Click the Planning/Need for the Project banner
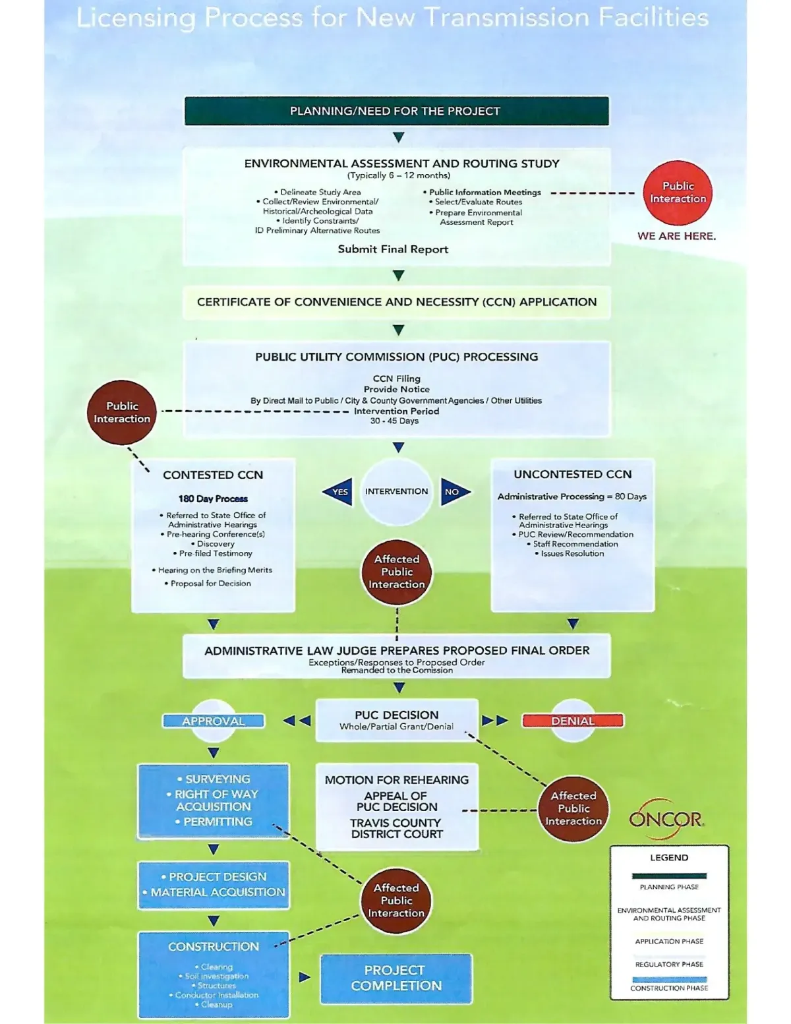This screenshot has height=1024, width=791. click(x=396, y=111)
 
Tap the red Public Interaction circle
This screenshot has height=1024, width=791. click(x=678, y=193)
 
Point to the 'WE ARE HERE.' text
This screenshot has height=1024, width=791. click(x=676, y=236)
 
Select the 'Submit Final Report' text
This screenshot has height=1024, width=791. click(x=393, y=249)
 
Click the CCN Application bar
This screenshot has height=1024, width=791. click(x=396, y=302)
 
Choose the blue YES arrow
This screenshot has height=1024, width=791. click(x=338, y=492)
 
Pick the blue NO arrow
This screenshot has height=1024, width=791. click(x=454, y=492)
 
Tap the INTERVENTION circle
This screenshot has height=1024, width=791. click(x=396, y=491)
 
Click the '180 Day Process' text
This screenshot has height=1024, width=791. click(x=213, y=498)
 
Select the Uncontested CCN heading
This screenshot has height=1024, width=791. click(x=572, y=474)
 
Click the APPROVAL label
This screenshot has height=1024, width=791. click(x=214, y=721)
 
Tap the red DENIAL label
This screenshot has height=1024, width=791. click(x=572, y=721)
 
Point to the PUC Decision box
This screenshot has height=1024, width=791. click(x=396, y=720)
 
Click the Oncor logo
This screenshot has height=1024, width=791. click(x=666, y=819)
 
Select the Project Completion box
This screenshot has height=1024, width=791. click(x=396, y=979)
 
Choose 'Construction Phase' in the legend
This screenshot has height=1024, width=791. click(x=669, y=988)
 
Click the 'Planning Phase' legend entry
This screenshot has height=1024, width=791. click(x=669, y=887)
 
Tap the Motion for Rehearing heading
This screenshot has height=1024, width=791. click(x=396, y=780)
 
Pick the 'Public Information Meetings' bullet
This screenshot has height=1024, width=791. click(x=484, y=193)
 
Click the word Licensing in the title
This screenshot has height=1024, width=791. click(x=136, y=18)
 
